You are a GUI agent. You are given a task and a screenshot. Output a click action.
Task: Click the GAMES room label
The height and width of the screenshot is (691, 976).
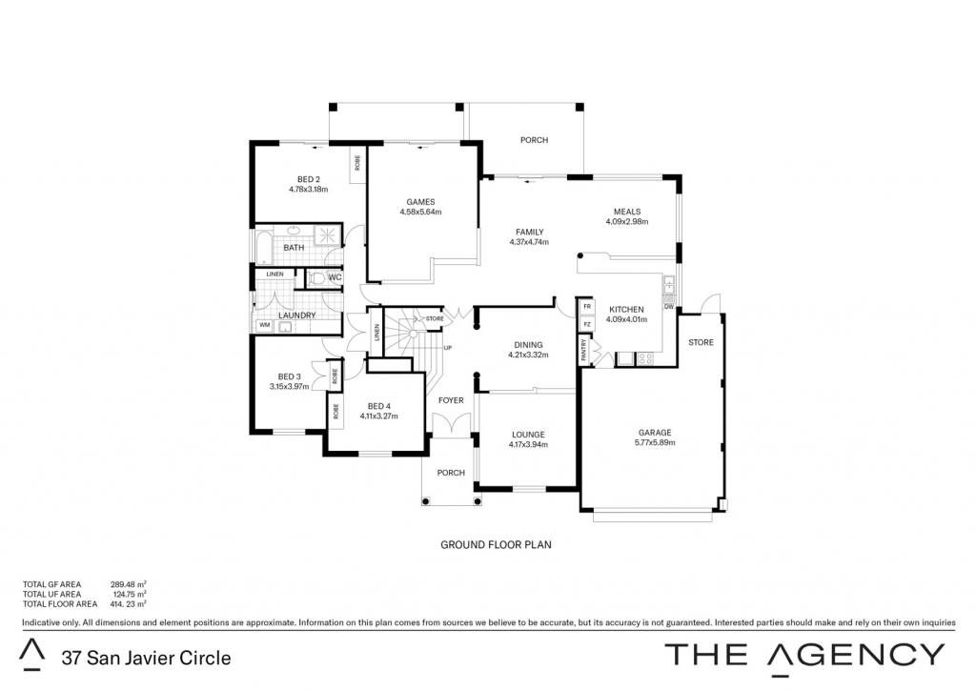(420, 202)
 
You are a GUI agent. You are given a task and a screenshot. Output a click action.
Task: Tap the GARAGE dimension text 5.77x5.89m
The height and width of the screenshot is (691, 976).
(655, 442)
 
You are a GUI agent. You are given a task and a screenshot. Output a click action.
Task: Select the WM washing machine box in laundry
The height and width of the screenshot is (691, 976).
(265, 325)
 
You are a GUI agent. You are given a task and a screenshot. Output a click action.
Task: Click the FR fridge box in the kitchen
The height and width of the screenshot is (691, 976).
(587, 307)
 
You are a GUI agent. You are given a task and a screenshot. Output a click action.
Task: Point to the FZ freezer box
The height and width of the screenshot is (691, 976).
(587, 324)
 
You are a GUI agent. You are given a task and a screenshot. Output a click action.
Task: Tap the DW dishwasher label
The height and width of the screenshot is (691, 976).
(668, 306)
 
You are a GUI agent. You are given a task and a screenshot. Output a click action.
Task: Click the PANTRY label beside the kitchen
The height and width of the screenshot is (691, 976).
(584, 350)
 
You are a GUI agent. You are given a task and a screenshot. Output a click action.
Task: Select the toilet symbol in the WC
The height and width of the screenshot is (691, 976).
(316, 277)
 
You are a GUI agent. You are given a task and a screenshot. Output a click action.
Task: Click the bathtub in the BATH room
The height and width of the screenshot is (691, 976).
(263, 248)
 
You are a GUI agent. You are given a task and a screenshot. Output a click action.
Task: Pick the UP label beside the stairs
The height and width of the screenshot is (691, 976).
(448, 348)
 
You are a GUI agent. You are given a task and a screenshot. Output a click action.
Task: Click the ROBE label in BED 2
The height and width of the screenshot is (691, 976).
(357, 163)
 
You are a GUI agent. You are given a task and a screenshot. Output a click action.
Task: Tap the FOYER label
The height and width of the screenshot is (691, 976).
(451, 400)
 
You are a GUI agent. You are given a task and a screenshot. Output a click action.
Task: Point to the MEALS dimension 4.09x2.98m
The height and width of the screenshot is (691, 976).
(627, 222)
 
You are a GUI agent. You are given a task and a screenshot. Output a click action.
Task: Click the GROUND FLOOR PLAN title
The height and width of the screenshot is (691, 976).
(496, 545)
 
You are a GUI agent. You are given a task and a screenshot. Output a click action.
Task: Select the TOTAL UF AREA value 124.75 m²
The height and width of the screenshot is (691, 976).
(130, 594)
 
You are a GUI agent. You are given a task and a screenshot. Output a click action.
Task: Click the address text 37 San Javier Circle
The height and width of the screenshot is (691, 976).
(146, 658)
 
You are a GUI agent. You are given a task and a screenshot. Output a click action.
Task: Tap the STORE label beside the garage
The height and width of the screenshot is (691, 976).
(701, 342)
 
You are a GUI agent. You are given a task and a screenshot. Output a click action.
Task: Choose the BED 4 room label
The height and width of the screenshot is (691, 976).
(379, 407)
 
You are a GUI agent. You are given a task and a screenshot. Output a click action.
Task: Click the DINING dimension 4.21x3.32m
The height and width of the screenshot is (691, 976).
(528, 355)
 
